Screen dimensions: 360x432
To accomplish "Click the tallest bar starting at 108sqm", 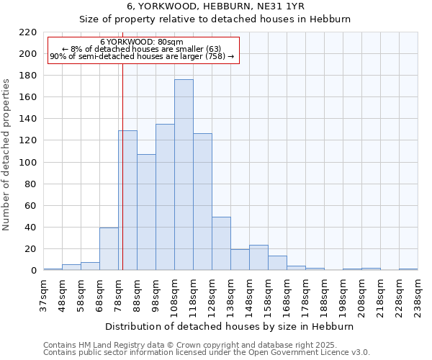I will tap(184, 175).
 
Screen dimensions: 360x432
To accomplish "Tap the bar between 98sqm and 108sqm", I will tap(165, 197).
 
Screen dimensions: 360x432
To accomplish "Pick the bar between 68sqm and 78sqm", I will tap(109, 249).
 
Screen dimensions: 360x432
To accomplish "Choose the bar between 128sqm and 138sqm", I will tap(221, 243).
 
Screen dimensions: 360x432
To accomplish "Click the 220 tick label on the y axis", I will tap(28, 32).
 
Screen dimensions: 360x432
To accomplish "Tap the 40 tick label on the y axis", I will tap(31, 228).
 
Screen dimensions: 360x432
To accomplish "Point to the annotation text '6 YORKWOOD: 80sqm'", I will tap(142, 42).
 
